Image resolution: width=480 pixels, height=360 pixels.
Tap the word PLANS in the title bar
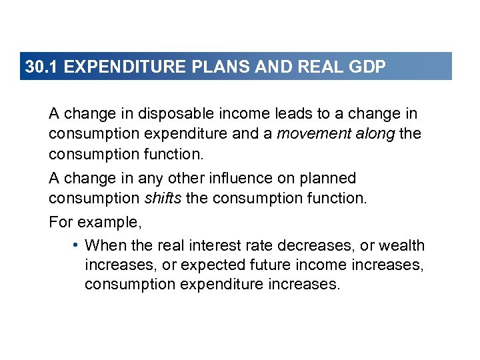[208, 67]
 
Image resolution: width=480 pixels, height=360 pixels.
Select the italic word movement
[308, 133]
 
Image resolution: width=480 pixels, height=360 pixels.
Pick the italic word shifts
[163, 199]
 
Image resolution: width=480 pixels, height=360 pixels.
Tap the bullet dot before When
[77, 245]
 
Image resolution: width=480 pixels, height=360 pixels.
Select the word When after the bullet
[103, 245]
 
